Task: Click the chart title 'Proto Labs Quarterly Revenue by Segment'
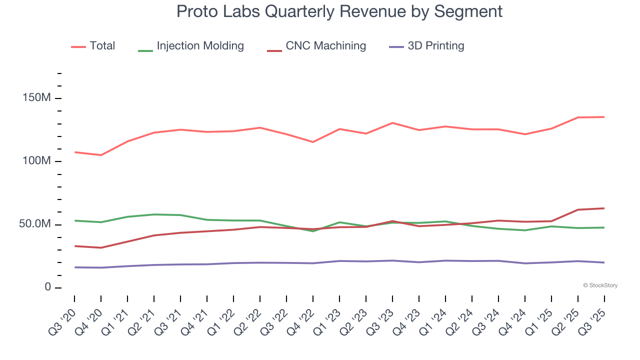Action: [339, 11]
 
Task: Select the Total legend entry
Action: [93, 46]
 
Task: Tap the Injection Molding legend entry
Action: [191, 46]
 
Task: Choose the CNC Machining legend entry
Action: [316, 46]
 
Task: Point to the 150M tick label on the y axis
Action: [36, 98]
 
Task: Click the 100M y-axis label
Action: [36, 161]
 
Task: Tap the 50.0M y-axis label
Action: [35, 224]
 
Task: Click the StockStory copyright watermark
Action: [600, 285]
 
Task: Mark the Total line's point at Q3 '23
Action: [392, 122]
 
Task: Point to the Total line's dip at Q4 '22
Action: [313, 142]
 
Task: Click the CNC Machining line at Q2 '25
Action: [578, 209]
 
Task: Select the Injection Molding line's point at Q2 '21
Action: [154, 214]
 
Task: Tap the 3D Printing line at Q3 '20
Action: [74, 267]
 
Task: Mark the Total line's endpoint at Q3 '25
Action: [604, 117]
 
